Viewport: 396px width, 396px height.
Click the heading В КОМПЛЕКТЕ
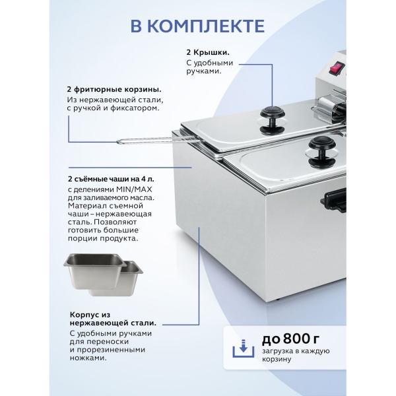(x=198, y=26)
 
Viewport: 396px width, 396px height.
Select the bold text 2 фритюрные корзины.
(x=114, y=89)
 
